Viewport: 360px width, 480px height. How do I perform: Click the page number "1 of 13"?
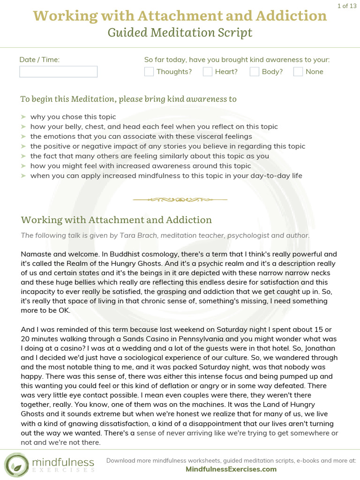pos(347,6)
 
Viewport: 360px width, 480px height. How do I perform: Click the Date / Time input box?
pos(58,72)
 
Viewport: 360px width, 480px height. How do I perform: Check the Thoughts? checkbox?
pos(149,72)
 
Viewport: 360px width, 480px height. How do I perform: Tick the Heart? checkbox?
pos(208,72)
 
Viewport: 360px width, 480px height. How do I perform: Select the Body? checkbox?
pos(255,72)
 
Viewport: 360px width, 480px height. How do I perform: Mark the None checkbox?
pos(298,72)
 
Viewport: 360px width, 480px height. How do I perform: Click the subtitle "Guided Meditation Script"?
pos(180,32)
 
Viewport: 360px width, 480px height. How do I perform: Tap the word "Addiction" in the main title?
pos(289,15)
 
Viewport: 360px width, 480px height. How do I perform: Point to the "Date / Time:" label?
pos(39,60)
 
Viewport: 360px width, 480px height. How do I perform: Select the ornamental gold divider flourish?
pos(180,199)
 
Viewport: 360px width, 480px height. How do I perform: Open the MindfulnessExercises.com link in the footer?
pos(231,469)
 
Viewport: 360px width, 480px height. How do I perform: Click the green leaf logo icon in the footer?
pos(16,465)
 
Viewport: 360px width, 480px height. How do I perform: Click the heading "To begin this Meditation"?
pos(68,99)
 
